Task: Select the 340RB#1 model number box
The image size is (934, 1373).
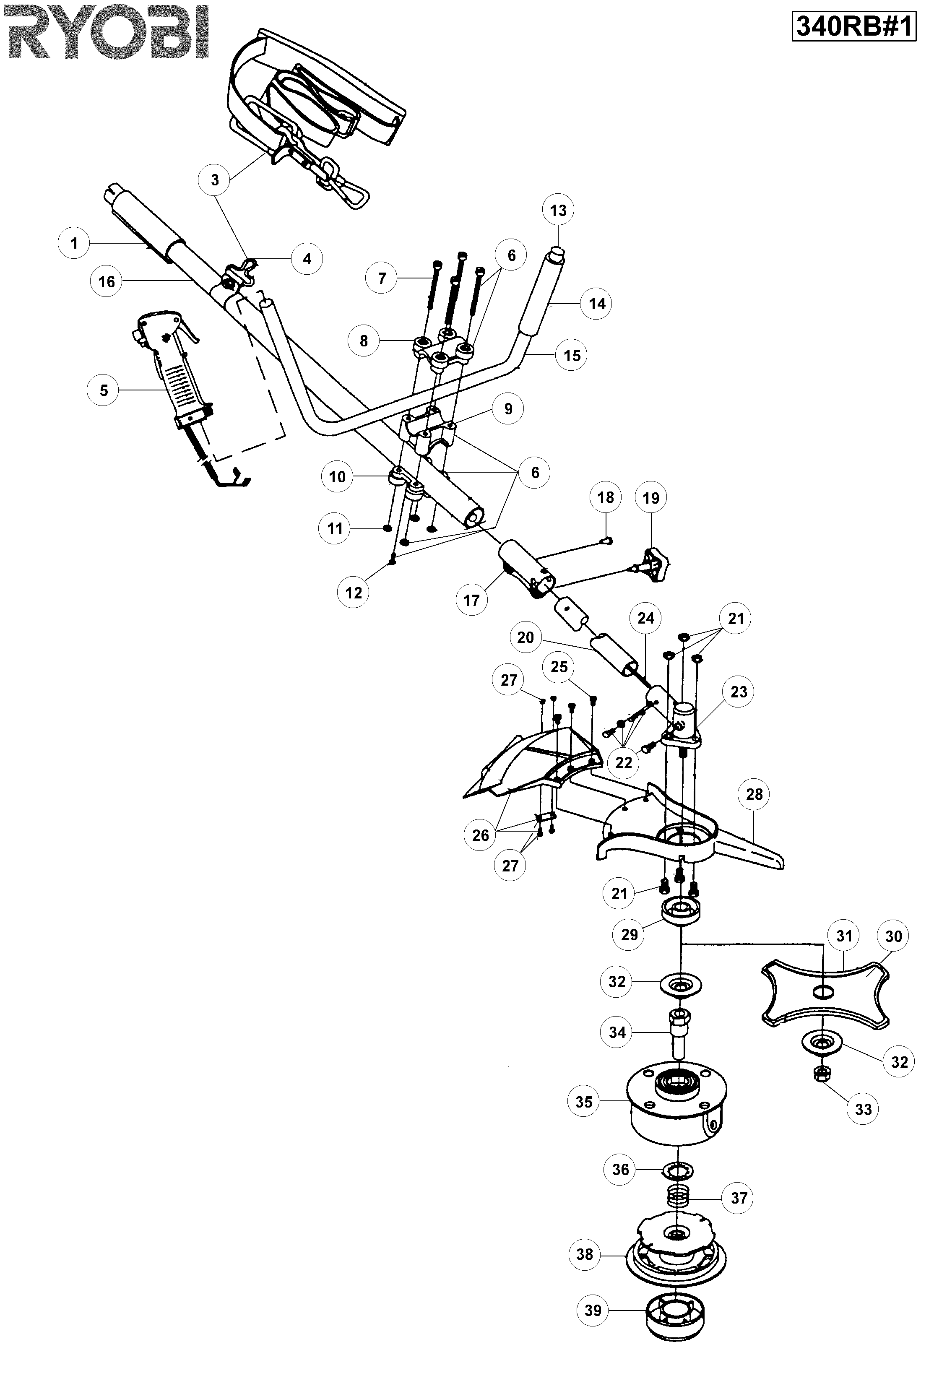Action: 853,27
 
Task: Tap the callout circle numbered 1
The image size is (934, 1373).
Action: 74,243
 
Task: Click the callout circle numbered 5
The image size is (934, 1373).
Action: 104,390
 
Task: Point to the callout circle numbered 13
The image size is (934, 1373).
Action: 558,211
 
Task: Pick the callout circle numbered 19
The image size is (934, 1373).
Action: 650,498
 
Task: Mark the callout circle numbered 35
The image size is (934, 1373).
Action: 584,1102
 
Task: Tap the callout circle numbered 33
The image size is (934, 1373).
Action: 863,1110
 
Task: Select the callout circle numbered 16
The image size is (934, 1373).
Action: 107,282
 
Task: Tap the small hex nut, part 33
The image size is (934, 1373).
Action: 821,1074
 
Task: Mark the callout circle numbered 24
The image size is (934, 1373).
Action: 646,619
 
